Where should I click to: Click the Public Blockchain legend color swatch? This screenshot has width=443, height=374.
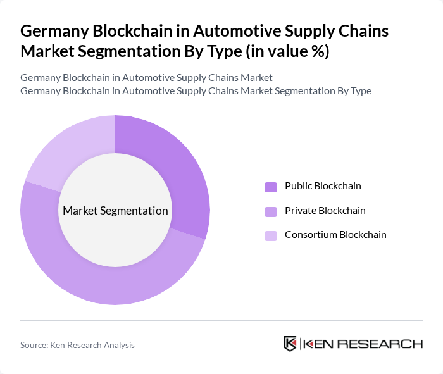[x=271, y=187]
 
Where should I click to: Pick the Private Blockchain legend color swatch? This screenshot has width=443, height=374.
[x=271, y=211]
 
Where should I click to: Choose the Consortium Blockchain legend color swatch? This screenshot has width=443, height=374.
[x=271, y=235]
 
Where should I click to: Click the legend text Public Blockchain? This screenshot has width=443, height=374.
[x=323, y=186]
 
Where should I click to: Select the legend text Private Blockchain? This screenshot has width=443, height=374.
[x=325, y=211]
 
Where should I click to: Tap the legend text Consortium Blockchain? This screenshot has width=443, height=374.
[x=335, y=235]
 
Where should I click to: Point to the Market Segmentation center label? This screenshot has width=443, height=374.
[x=115, y=211]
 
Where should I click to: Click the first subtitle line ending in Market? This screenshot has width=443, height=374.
[x=146, y=78]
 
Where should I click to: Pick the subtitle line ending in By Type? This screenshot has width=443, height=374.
[x=196, y=91]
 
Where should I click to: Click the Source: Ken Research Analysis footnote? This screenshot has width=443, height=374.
[x=77, y=345]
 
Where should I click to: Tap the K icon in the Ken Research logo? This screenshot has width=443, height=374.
[x=290, y=344]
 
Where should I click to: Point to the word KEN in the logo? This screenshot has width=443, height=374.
[x=320, y=344]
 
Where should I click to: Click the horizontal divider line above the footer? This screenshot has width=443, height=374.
[x=221, y=320]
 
